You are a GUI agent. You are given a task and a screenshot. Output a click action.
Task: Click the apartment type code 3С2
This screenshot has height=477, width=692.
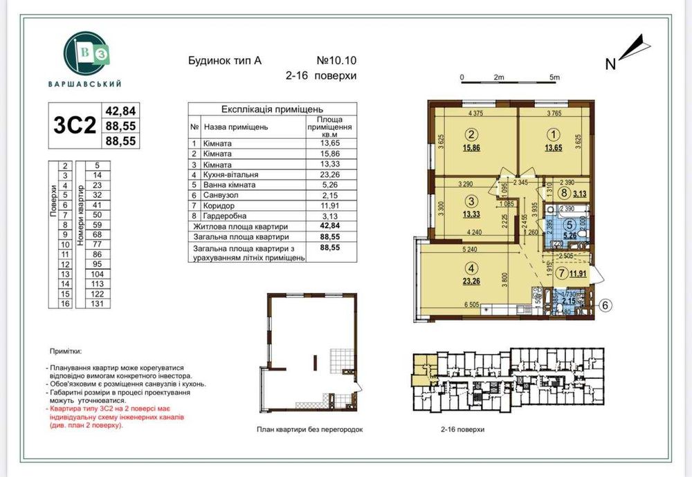(x=73, y=125)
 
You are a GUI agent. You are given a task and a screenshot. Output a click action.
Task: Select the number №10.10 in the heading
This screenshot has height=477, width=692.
(x=336, y=61)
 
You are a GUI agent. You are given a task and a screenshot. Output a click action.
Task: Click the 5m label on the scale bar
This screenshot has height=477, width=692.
(x=553, y=78)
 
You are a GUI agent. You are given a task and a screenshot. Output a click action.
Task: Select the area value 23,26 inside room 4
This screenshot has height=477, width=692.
(x=471, y=281)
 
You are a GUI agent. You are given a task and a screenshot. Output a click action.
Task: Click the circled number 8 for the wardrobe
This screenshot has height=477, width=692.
(x=565, y=194)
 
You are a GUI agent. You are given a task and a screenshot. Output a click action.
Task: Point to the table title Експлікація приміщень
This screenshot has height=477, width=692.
(x=272, y=109)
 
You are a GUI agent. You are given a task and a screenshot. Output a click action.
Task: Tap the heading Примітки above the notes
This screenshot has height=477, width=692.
(x=70, y=351)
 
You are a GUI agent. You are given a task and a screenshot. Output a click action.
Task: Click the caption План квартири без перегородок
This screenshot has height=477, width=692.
(x=309, y=429)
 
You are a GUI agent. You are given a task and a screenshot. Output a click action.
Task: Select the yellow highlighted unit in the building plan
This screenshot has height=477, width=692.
(x=420, y=367)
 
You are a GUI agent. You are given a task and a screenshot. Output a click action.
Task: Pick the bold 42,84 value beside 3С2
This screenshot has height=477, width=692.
(x=120, y=111)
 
